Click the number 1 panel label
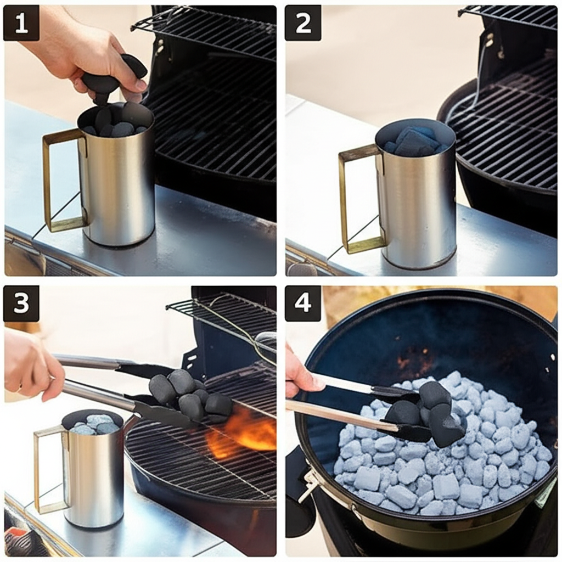point(21,23)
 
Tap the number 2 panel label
point(303,23)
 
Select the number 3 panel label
point(21,303)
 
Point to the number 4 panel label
point(303,303)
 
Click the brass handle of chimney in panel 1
point(47,179)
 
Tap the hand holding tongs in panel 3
point(32,366)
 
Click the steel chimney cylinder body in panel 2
point(416,201)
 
